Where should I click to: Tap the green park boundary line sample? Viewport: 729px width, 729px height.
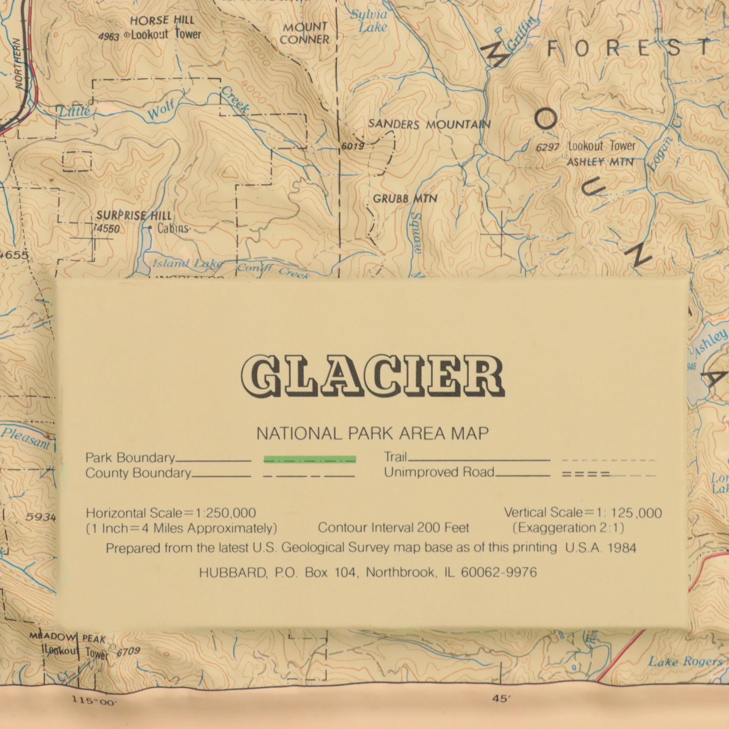click(309, 459)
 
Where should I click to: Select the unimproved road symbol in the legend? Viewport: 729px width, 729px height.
click(586, 475)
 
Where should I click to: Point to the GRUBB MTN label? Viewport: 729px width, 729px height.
click(405, 198)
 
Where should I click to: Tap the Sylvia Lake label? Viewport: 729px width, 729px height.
click(369, 21)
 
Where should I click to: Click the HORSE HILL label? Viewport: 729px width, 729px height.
click(162, 20)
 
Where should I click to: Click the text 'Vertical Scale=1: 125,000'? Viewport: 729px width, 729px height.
click(583, 513)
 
